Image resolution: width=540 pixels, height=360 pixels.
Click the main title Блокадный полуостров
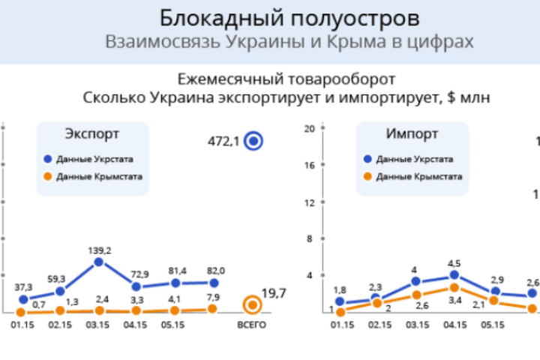pyautogui.click(x=289, y=17)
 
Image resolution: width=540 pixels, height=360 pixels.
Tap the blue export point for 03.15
pyautogui.click(x=99, y=262)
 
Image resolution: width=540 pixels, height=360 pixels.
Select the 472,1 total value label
pyautogui.click(x=223, y=140)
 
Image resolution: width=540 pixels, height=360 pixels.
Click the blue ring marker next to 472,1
pyautogui.click(x=254, y=140)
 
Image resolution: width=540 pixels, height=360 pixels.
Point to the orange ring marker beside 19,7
pyautogui.click(x=252, y=304)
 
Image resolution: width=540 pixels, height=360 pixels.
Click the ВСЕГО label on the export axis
pyautogui.click(x=252, y=325)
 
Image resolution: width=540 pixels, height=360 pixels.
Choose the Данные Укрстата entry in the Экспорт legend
pyautogui.click(x=93, y=159)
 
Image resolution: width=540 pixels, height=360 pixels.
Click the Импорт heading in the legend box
pyautogui.click(x=412, y=134)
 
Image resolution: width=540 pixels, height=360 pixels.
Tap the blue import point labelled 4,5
pyautogui.click(x=454, y=275)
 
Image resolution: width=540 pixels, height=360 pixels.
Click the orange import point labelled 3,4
pyautogui.click(x=454, y=287)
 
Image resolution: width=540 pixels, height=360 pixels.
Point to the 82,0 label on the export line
pyautogui.click(x=214, y=270)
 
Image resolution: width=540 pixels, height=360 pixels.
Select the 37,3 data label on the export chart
pyautogui.click(x=24, y=286)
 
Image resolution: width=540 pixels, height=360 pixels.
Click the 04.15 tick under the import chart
pyautogui.click(x=454, y=325)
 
